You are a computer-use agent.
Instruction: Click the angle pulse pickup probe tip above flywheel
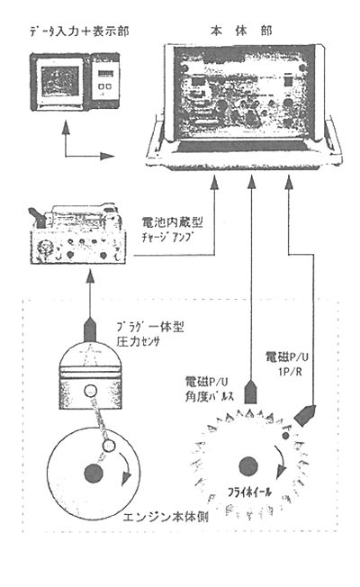251,396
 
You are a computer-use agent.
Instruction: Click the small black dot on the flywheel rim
286,434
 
